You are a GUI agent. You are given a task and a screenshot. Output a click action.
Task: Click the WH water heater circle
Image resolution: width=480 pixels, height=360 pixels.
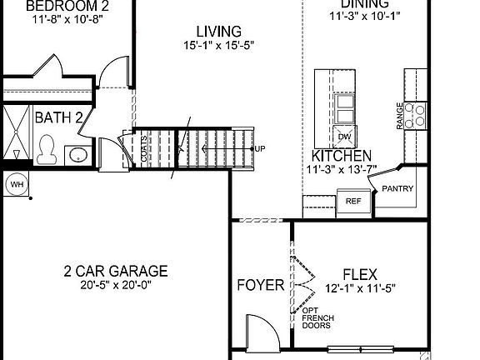coord(17,183)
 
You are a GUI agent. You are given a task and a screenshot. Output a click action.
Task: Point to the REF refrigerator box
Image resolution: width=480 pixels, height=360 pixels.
coord(353,201)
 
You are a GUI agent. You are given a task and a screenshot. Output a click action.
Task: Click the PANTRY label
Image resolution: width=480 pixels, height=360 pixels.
coord(397,189)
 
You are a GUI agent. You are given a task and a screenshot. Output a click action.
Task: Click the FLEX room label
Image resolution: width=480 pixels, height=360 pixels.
coord(360,274)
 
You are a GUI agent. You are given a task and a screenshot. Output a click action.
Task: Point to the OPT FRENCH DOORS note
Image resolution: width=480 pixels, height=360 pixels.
coord(317,318)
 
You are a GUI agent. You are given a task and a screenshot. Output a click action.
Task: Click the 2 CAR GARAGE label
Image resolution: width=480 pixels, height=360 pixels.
coord(116,271)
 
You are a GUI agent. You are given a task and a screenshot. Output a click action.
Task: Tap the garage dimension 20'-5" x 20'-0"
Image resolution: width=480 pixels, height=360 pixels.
coord(116,285)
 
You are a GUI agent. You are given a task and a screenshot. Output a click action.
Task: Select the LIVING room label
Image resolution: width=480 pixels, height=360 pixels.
coord(213,32)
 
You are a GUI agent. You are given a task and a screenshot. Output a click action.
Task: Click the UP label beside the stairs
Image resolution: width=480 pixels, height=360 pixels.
coord(260,149)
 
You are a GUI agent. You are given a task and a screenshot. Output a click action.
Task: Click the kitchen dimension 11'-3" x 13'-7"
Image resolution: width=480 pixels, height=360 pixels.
coord(341,169)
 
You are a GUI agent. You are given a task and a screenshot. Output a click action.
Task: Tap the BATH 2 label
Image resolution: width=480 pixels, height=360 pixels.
coord(58,117)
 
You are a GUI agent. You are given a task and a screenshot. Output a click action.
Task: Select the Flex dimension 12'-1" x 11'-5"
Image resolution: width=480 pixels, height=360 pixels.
coord(360,288)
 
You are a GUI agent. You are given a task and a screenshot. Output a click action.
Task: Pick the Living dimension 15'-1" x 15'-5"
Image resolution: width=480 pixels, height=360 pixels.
coord(213,46)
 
